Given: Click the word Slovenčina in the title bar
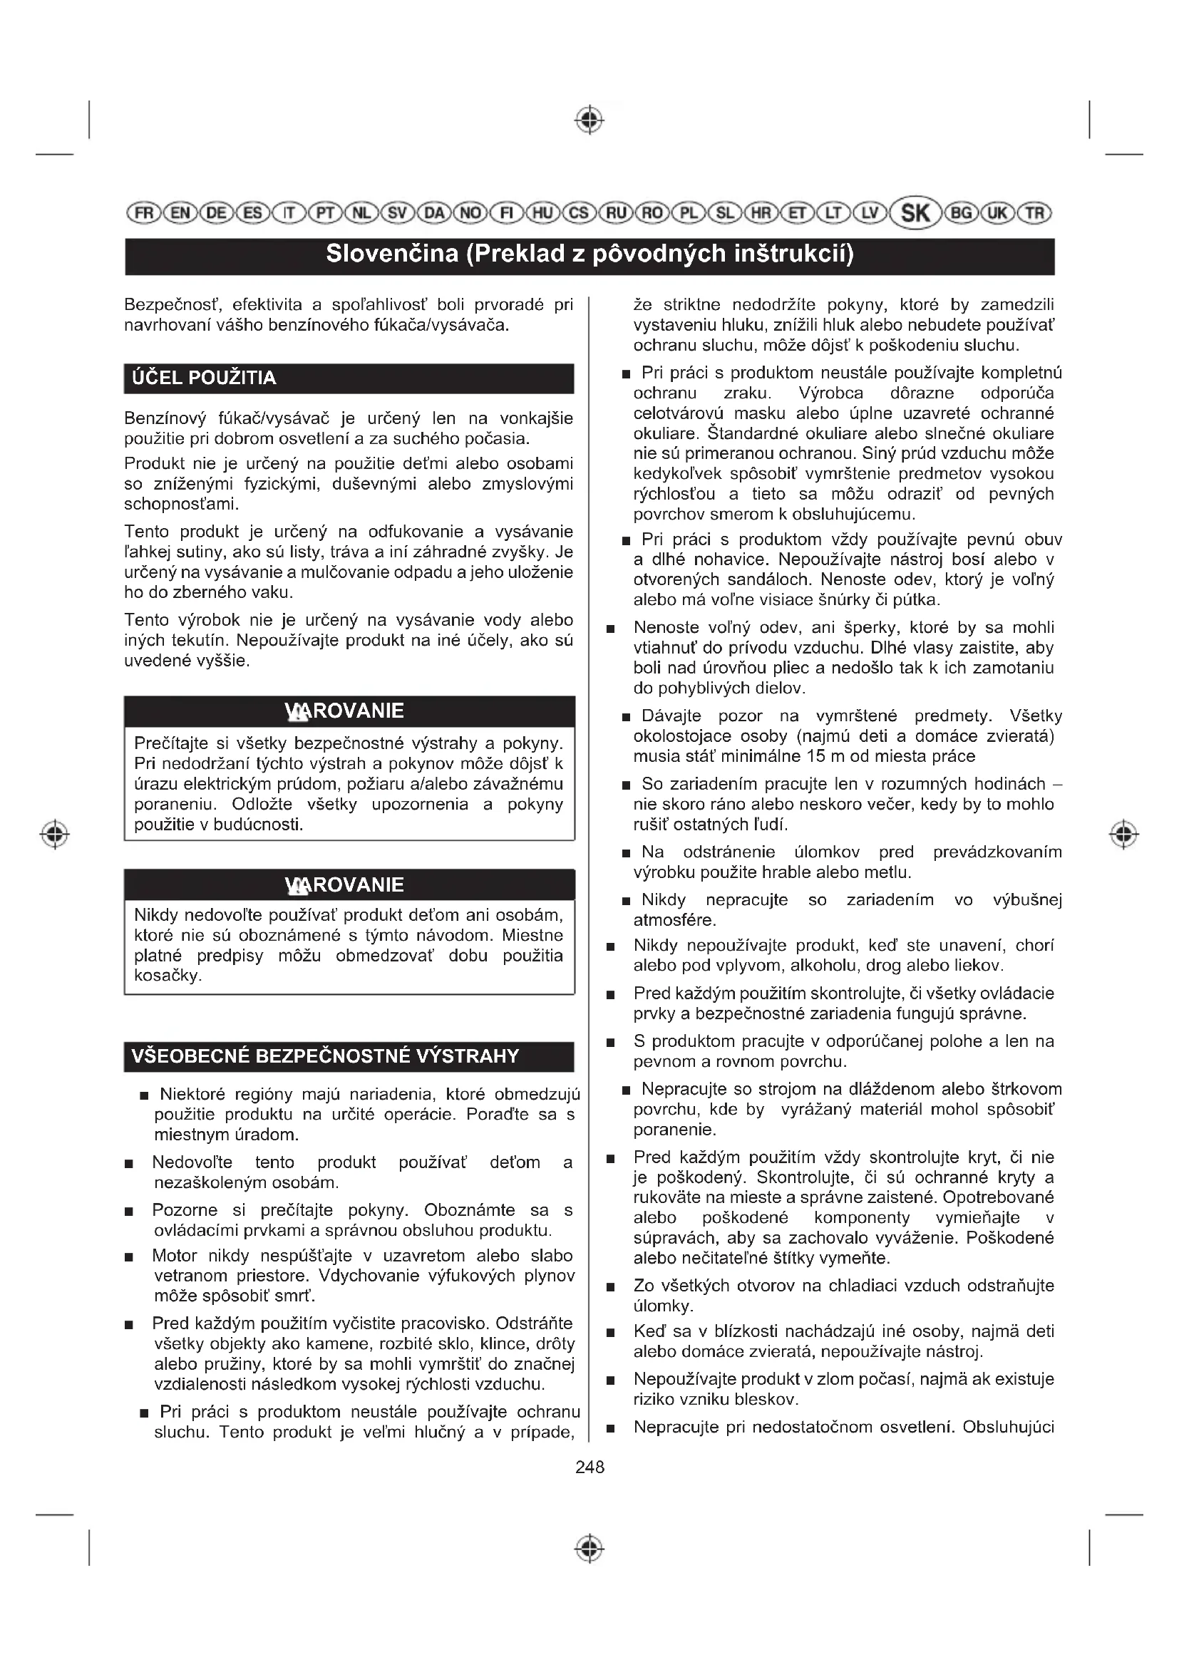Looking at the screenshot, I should (x=391, y=254).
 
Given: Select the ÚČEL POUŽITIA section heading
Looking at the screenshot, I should (x=204, y=378).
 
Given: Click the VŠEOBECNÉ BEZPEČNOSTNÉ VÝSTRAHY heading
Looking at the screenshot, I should (x=325, y=1056).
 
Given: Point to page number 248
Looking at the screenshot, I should (x=589, y=1467).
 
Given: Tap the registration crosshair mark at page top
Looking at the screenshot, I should (x=589, y=120).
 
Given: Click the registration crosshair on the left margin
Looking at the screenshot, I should (x=54, y=835).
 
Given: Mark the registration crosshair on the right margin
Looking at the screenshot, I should (x=1124, y=835).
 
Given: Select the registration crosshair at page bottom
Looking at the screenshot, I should (x=589, y=1548).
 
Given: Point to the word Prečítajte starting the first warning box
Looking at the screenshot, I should (x=169, y=743).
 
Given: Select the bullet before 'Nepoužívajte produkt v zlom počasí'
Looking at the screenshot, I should (x=611, y=1380).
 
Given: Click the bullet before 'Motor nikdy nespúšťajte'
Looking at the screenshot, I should (x=128, y=1256).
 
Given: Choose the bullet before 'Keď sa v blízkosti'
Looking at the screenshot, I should (x=611, y=1332).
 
